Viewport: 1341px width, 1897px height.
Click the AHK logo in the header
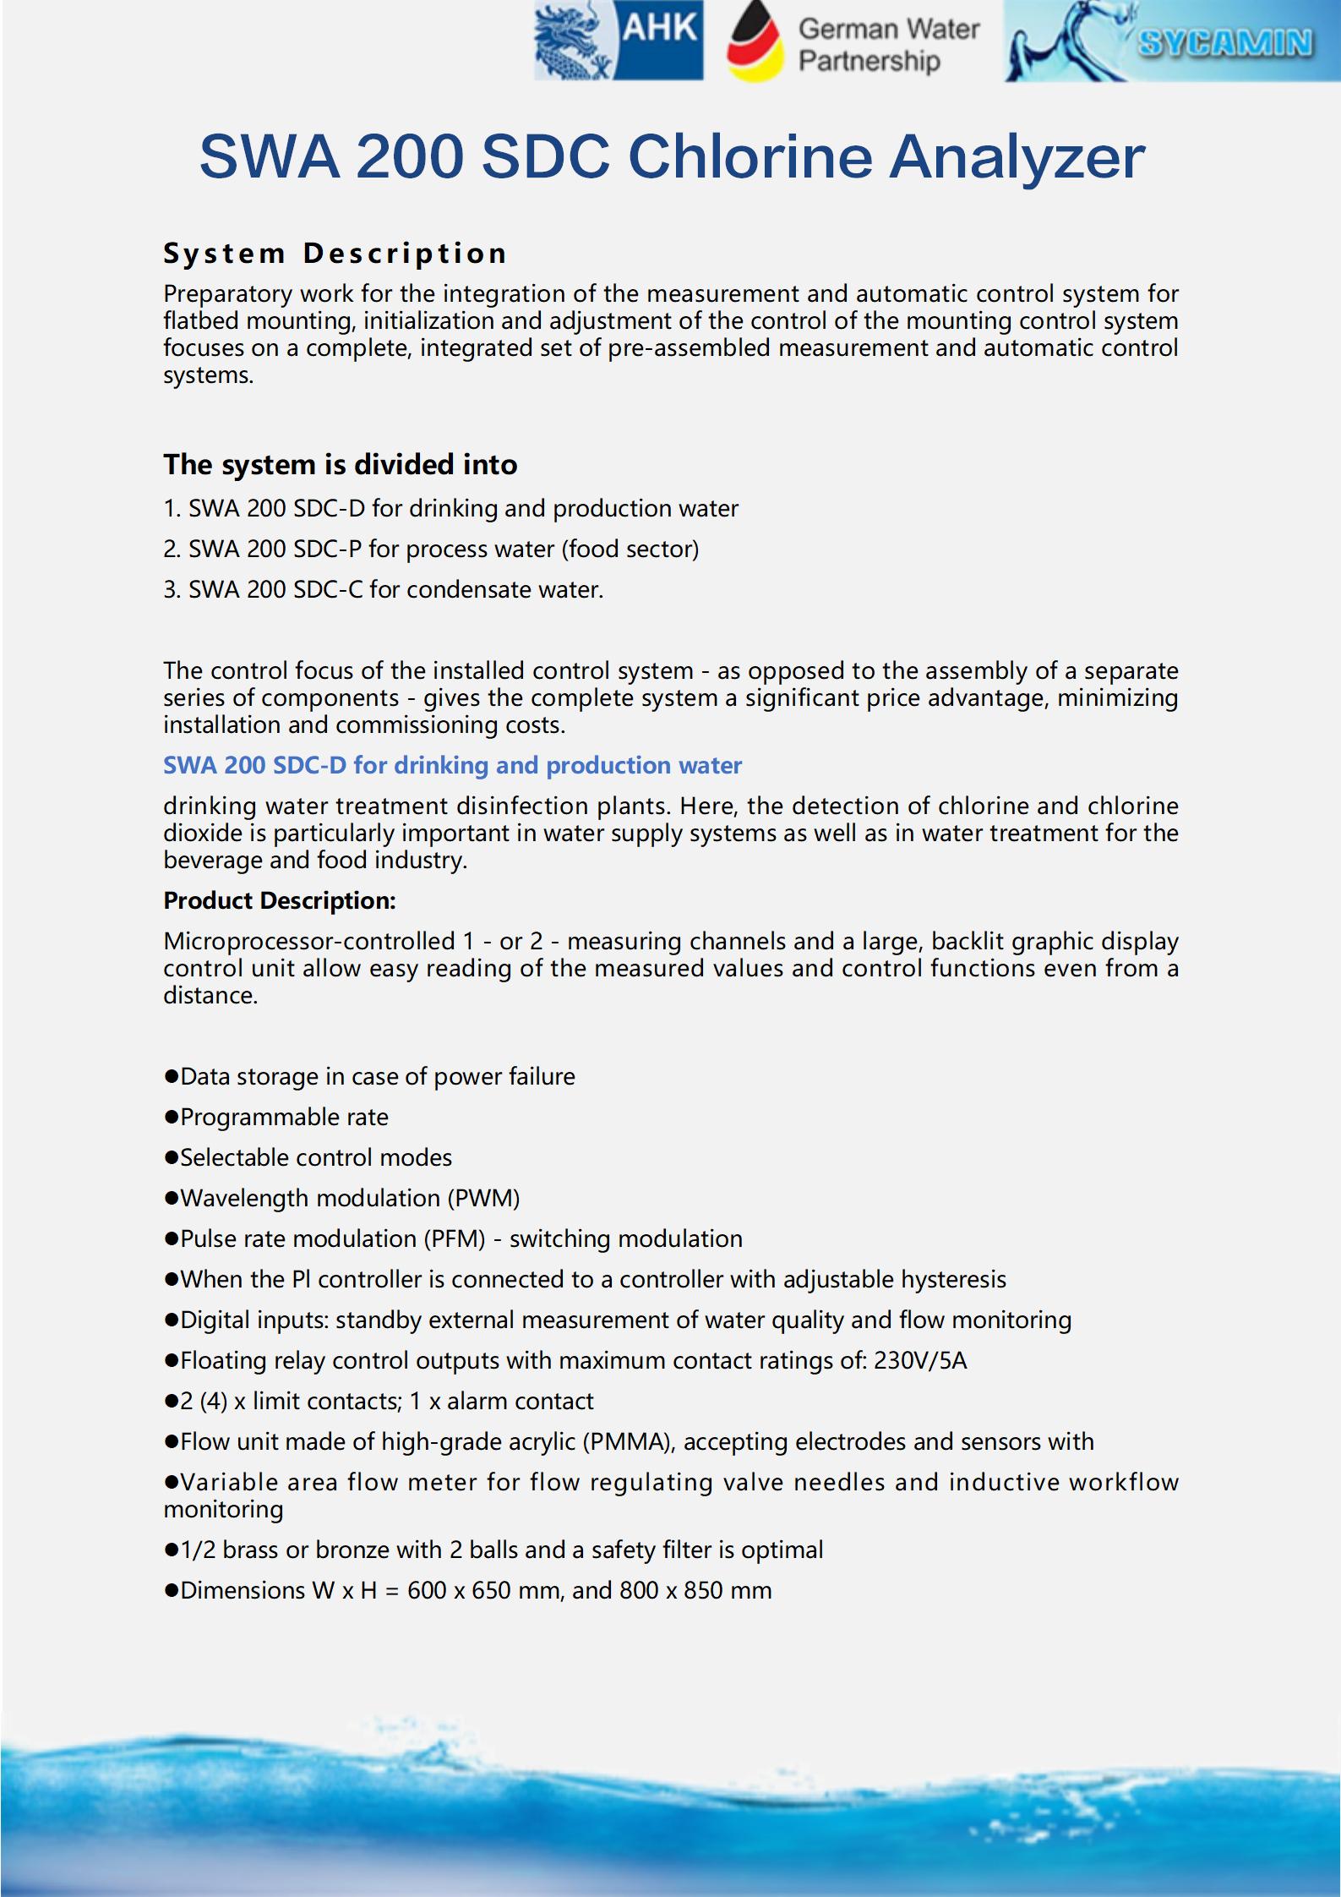point(619,41)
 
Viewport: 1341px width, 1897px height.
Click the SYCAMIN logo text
point(1225,42)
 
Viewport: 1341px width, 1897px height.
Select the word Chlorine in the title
point(750,156)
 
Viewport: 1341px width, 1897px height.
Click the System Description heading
point(335,253)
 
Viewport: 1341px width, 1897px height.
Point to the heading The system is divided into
point(340,464)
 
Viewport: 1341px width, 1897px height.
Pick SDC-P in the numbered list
point(327,549)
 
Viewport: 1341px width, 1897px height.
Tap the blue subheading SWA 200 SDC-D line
point(452,765)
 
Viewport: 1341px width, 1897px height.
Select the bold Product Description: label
point(279,900)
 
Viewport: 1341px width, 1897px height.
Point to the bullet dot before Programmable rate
point(171,1118)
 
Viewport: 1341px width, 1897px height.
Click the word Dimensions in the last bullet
point(243,1590)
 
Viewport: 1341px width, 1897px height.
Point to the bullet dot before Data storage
point(171,1077)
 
